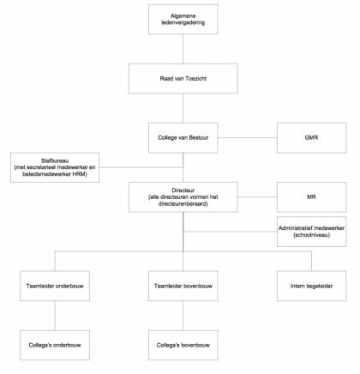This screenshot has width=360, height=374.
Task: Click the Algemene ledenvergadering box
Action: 183,19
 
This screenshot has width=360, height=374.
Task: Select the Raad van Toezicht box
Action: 183,78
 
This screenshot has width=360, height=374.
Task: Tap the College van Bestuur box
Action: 183,138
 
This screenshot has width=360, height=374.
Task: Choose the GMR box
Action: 311,138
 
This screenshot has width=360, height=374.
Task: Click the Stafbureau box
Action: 55,167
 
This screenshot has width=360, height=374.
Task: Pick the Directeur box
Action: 183,197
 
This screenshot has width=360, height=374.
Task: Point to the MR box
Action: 311,197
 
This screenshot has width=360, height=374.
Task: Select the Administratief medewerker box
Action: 311,232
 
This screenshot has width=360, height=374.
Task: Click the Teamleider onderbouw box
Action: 55,286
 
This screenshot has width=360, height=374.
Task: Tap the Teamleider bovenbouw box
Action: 183,286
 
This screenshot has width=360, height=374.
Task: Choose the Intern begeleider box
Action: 311,286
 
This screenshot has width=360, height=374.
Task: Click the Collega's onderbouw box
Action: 55,345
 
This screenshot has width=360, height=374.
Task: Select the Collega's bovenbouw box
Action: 183,345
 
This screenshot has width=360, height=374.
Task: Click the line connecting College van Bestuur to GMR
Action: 248,138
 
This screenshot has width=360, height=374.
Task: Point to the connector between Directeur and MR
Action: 257,197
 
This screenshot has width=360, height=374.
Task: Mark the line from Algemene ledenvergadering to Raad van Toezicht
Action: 183,49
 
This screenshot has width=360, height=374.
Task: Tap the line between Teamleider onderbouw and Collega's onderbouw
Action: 55,316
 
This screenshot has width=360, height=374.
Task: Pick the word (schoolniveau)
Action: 311,235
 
